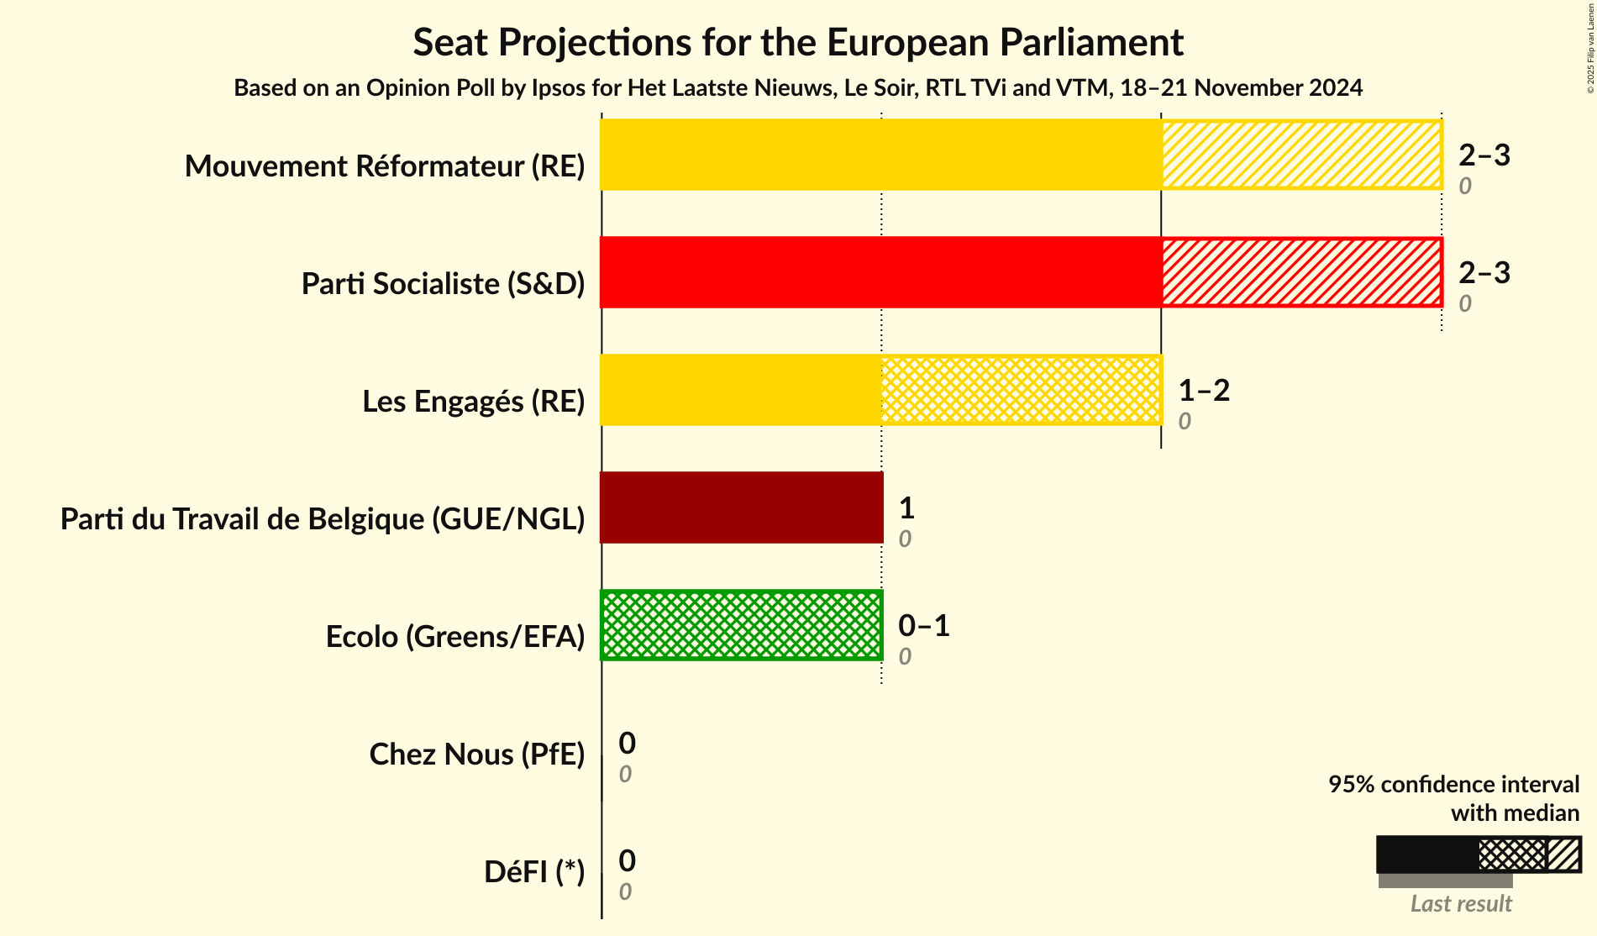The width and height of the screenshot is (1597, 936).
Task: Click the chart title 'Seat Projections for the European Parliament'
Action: coord(797,42)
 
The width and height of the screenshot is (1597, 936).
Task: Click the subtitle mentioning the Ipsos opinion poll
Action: coord(797,87)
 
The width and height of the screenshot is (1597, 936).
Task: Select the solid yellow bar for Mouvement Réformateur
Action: coord(880,155)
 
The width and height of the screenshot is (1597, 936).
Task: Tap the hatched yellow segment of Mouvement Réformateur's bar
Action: coord(1300,155)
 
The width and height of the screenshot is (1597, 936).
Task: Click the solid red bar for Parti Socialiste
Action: coord(880,272)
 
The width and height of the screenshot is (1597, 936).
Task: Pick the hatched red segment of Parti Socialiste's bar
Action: coord(1300,272)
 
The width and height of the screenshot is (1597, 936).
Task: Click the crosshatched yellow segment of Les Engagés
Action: coord(1021,390)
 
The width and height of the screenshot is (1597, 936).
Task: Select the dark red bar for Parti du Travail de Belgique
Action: coord(741,507)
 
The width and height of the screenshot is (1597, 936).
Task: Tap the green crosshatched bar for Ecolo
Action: coord(741,625)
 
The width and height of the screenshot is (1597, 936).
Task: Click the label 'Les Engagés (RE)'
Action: coord(473,402)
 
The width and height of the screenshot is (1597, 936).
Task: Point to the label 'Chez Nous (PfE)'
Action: coord(476,755)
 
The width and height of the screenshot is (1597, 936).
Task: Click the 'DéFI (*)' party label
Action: coord(533,872)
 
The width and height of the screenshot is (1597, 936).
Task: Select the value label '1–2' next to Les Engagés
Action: coord(1203,390)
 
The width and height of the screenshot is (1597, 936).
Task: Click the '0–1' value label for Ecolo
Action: coord(923,625)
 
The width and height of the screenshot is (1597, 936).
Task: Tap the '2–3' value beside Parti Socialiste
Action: coord(1484,272)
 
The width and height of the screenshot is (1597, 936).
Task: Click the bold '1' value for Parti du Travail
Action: coord(906,507)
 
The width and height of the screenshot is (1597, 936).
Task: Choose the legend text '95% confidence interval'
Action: coord(1453,784)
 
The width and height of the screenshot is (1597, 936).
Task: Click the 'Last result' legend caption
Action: coord(1460,903)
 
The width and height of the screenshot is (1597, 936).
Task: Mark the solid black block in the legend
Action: coord(1426,854)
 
